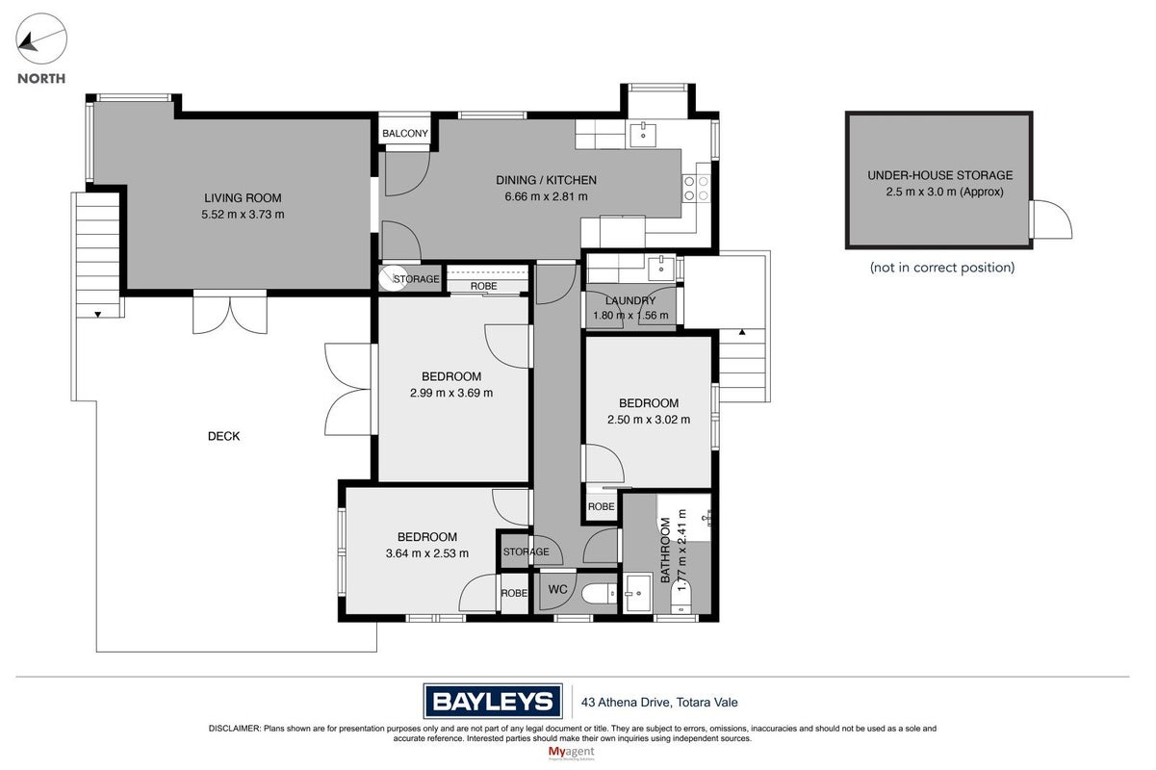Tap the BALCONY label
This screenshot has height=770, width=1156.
[405, 133]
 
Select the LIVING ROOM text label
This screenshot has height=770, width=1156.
[243, 197]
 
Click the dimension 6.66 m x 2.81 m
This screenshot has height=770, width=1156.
[546, 196]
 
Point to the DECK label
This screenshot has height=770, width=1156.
[223, 436]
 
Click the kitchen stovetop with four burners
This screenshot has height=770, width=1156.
[696, 188]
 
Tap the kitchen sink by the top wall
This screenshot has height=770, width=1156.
[643, 134]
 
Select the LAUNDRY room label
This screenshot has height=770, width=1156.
[630, 300]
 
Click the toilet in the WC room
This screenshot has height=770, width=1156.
[599, 594]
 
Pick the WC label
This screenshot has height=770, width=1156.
[558, 589]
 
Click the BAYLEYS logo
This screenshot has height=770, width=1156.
[493, 701]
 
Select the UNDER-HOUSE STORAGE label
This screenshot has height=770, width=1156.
[939, 175]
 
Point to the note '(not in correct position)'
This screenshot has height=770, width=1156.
[942, 268]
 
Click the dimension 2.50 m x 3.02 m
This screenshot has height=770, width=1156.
[649, 420]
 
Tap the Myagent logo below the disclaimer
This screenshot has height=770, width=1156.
[572, 753]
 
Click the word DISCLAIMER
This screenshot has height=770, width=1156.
[235, 729]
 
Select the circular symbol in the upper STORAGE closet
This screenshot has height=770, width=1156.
[391, 278]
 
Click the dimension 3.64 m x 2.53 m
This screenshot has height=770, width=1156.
[427, 553]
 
